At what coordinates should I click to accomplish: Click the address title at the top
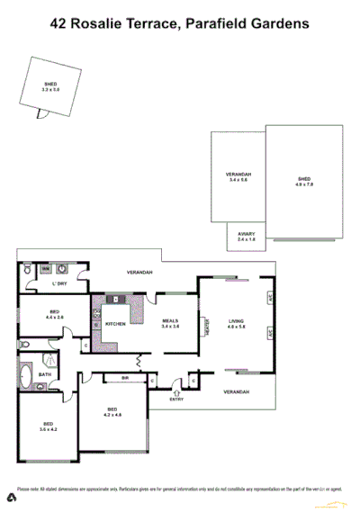[x=179, y=26]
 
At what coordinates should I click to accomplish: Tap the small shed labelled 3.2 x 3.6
[x=50, y=86]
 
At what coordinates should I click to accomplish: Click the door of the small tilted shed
[x=39, y=114]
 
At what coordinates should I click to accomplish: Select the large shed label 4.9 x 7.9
[x=304, y=182]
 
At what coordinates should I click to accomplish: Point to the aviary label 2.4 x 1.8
[x=247, y=237]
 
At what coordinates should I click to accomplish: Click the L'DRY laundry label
[x=59, y=284]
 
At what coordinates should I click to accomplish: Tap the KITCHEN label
[x=115, y=323]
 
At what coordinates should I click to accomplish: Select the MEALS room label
[x=170, y=322]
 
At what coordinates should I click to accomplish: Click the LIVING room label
[x=237, y=322]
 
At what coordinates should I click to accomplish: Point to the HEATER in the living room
[x=206, y=326]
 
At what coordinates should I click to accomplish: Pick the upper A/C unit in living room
[x=269, y=296]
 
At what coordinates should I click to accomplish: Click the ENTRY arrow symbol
[x=176, y=391]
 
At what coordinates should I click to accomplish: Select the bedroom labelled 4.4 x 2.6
[x=53, y=315]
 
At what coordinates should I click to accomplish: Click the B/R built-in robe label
[x=126, y=379]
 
